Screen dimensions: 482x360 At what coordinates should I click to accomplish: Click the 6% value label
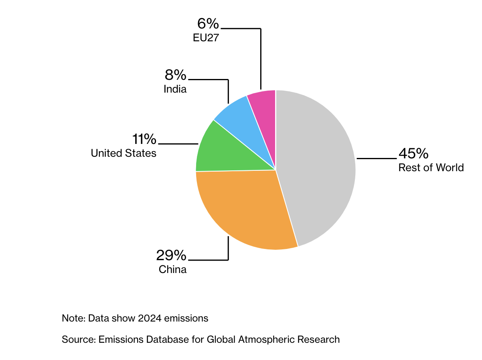pos(208,24)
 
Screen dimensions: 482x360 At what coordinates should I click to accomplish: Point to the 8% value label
pos(175,75)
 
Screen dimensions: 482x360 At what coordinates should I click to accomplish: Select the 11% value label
pos(144,139)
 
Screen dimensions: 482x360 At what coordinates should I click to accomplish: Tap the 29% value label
pos(171,255)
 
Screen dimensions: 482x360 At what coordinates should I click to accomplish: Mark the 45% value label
pos(413,153)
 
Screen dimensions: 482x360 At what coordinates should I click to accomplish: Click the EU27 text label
pos(206,38)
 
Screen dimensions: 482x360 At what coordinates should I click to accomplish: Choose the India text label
pos(175,89)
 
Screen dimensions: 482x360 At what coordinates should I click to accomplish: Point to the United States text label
pos(124,153)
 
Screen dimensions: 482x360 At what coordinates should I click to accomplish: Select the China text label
pos(172,269)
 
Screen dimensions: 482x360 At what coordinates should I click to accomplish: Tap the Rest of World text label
pos(431,168)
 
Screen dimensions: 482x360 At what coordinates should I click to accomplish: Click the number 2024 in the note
pos(150,318)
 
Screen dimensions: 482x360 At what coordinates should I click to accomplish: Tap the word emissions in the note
pos(186,318)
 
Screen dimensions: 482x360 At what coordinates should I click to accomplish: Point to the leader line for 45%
pos(377,158)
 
